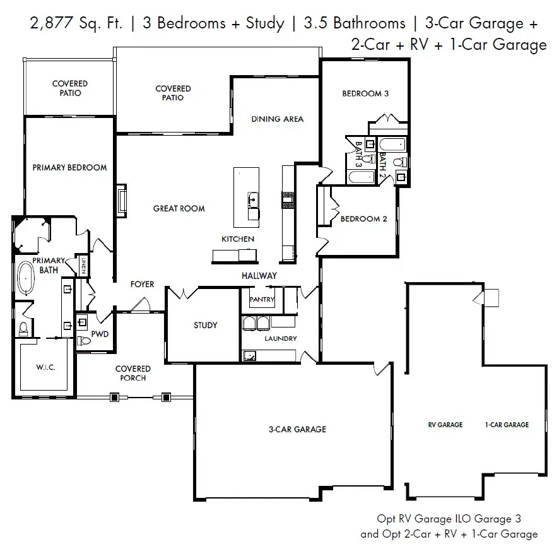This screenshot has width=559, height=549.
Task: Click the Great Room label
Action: point(179,208)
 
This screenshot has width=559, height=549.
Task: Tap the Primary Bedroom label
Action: point(69,168)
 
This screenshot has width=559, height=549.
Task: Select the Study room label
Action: point(205,325)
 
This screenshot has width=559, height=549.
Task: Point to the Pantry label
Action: point(262,300)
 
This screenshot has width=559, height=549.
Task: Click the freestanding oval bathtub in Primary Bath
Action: point(26,278)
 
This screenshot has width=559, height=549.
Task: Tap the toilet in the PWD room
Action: point(84,341)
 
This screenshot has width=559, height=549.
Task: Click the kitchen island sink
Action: point(253,200)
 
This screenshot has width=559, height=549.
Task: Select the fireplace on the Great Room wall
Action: point(122,200)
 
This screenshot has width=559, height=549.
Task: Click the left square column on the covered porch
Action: point(114,397)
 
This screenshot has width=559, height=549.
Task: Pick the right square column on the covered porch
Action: point(166,397)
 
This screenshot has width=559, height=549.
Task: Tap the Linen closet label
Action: point(84,266)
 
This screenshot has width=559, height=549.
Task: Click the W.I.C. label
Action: point(45,367)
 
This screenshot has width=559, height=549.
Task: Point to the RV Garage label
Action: point(445,425)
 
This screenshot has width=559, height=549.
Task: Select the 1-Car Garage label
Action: point(507,425)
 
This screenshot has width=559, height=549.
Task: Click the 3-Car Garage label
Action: point(297,429)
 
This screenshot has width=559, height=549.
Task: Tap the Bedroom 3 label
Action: point(365,94)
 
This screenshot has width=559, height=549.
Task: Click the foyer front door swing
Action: point(141,305)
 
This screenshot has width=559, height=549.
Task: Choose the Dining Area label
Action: point(278,119)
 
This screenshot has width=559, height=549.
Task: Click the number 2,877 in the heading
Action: point(51,23)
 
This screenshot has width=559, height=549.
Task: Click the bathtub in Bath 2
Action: point(392,145)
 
